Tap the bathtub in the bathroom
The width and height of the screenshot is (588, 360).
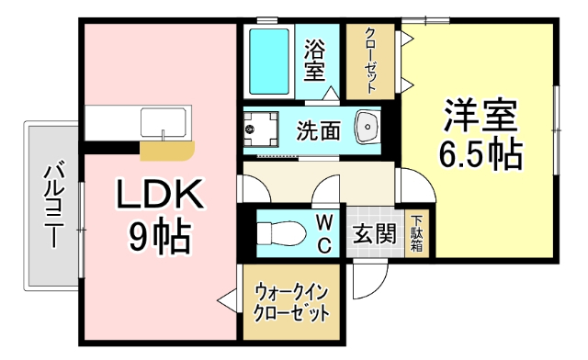tap(269, 60)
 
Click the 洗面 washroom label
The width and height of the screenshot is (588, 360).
tap(318, 130)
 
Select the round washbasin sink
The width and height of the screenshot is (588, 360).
tap(369, 127)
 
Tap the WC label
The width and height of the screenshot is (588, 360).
tap(323, 233)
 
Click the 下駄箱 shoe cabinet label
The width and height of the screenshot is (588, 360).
tap(416, 233)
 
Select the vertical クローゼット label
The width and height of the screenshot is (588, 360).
tap(370, 59)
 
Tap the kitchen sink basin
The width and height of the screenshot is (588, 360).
tap(164, 121)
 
